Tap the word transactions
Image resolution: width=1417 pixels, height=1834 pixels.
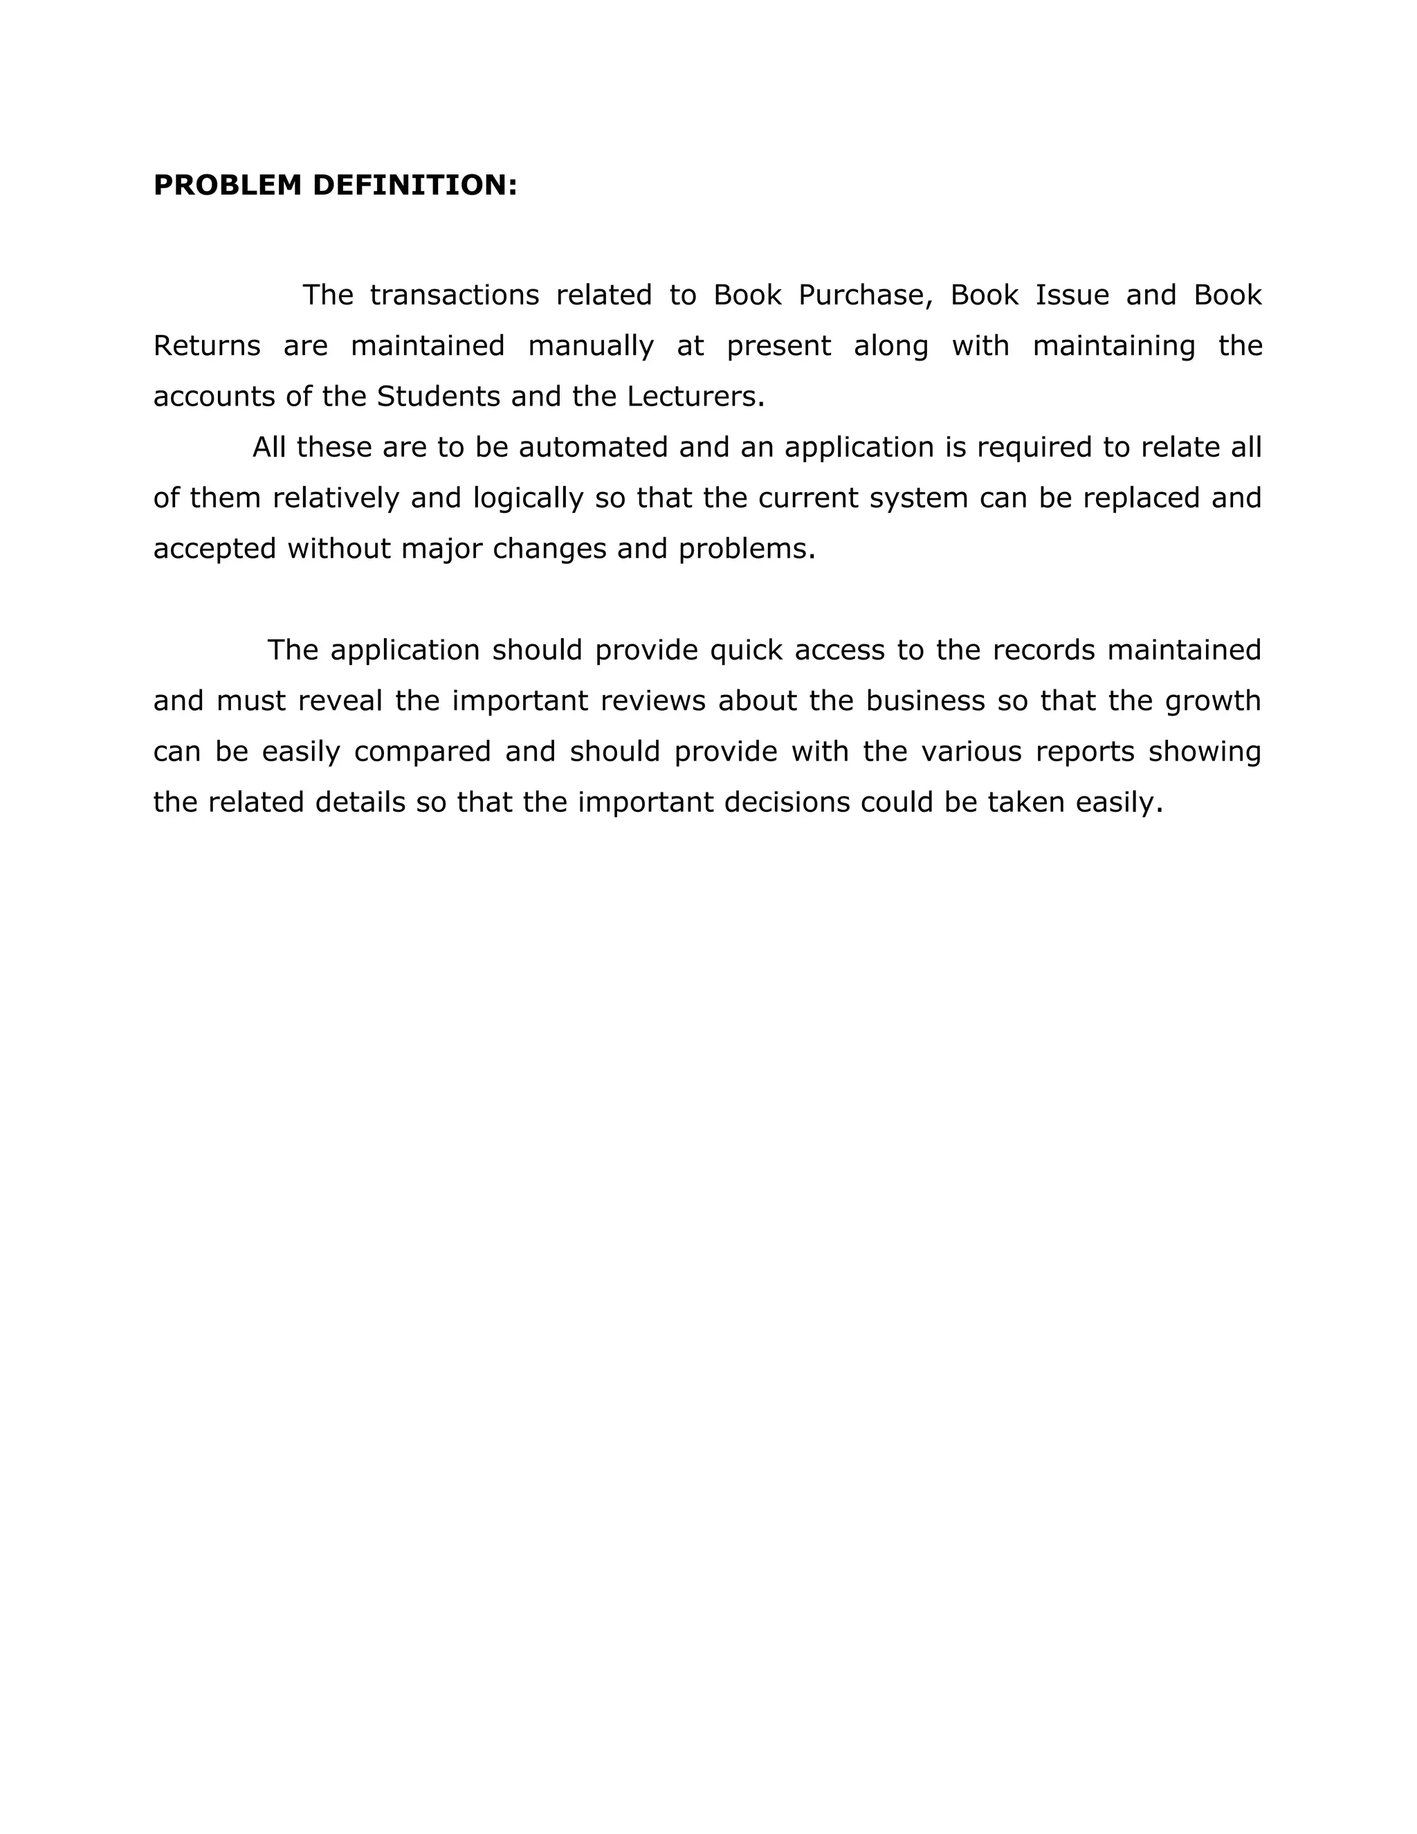(x=454, y=296)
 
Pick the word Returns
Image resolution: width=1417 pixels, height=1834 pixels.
(x=206, y=346)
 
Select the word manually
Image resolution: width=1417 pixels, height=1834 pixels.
(x=591, y=346)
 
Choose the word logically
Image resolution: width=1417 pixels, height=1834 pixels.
(x=528, y=499)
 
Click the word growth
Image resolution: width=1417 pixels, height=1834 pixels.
(x=1213, y=701)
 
